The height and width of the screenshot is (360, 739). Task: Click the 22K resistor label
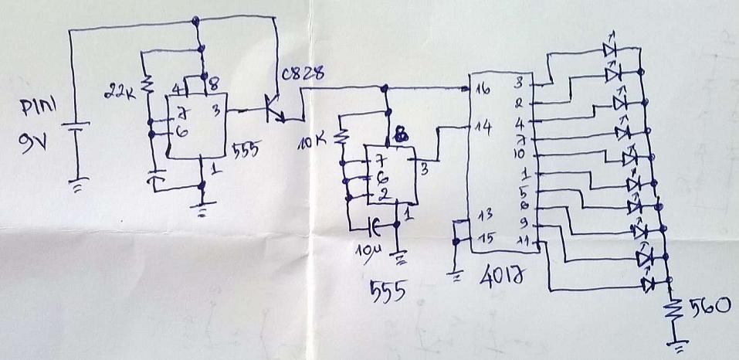pos(118,94)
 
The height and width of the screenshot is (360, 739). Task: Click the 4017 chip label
pos(499,273)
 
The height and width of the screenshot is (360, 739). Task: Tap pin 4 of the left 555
pos(177,88)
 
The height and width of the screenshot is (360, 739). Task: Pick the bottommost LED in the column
pos(647,284)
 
